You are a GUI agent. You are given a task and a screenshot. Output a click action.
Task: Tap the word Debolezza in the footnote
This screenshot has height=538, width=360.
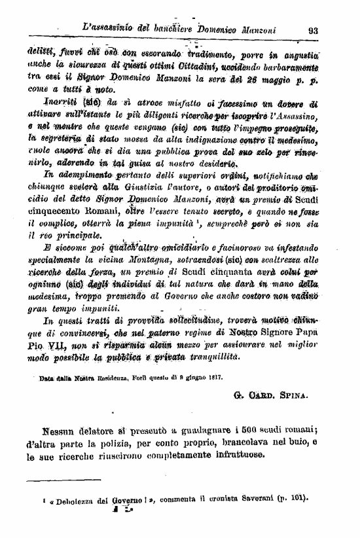tap(74, 499)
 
